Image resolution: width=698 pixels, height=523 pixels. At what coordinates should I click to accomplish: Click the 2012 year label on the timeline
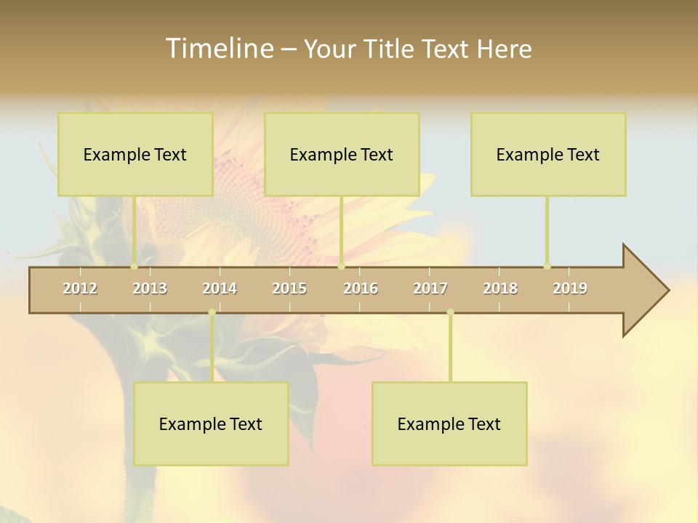coord(80,288)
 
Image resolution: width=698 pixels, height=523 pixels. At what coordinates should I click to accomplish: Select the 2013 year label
coord(150,288)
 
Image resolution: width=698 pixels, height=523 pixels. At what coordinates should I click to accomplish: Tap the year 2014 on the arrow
coord(220,288)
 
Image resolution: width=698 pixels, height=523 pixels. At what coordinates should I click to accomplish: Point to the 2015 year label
coord(289,288)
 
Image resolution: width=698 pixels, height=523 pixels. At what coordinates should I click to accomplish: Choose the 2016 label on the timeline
coord(361,288)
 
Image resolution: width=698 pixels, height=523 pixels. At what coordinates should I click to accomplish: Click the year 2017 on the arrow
coord(430,288)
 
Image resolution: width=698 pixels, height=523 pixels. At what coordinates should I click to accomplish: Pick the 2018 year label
coord(500,288)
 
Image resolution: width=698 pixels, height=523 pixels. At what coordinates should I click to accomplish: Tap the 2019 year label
coord(570,288)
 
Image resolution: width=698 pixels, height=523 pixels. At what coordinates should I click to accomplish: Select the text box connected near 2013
coord(135,155)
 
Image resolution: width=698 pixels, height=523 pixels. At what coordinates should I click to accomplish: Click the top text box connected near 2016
coord(342,155)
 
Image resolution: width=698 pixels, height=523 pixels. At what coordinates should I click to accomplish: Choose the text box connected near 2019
coord(548,155)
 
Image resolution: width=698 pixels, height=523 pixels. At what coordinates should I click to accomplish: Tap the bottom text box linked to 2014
coord(211,424)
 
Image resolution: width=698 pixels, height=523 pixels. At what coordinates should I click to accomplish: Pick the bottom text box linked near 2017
coord(449,424)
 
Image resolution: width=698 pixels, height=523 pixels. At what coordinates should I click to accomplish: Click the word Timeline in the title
coord(218,49)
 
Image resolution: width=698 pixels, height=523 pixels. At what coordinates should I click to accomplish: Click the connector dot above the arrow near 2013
coord(135,267)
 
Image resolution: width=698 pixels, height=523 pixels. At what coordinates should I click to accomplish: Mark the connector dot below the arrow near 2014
coord(212,312)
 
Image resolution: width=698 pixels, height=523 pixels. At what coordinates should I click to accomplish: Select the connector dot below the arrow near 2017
coord(451,312)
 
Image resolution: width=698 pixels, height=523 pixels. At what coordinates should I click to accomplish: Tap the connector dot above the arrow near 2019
coord(547,267)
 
